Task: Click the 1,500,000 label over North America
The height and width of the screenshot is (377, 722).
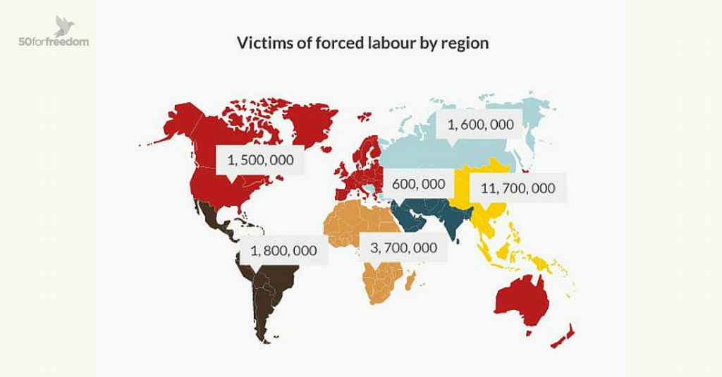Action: point(259,161)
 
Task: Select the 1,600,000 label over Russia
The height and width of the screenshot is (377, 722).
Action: point(480,125)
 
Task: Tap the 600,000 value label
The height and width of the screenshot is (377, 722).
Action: point(418,184)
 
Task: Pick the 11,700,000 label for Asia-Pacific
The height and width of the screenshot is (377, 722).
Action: point(518,188)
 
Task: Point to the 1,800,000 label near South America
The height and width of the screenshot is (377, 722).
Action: point(283,250)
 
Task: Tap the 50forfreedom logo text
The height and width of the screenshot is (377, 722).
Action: point(54,42)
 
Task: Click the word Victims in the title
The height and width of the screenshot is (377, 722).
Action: point(260,43)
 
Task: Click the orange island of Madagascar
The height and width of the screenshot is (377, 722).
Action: point(410,278)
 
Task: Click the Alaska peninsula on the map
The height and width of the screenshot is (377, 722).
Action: point(177,124)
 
